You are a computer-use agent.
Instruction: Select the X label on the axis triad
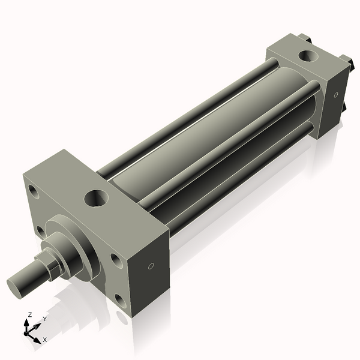(x=44, y=340)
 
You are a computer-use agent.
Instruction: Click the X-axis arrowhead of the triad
(x=37, y=337)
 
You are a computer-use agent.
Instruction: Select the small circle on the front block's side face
(x=151, y=266)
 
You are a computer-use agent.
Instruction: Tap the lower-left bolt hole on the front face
(x=40, y=230)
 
